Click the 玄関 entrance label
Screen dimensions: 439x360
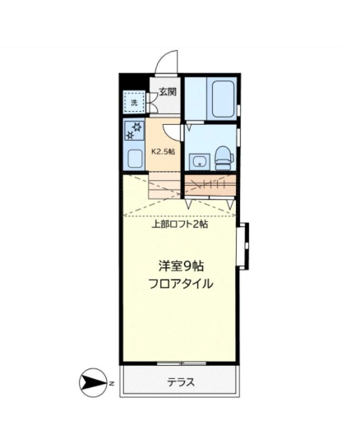point(167,92)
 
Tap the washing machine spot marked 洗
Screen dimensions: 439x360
point(134,103)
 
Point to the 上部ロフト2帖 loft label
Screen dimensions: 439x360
point(180,224)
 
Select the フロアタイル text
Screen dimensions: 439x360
point(181,284)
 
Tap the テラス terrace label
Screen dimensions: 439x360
point(181,382)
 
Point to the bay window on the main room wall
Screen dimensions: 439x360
point(242,244)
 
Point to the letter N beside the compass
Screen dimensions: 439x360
point(109,382)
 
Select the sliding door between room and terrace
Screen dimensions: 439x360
point(181,363)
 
